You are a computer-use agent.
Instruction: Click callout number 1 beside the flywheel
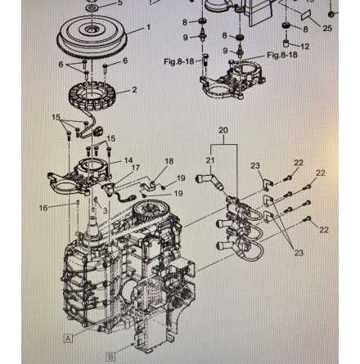click(x=148, y=26)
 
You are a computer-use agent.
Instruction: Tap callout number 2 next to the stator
click(x=134, y=88)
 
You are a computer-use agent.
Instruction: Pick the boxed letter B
click(x=110, y=356)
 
